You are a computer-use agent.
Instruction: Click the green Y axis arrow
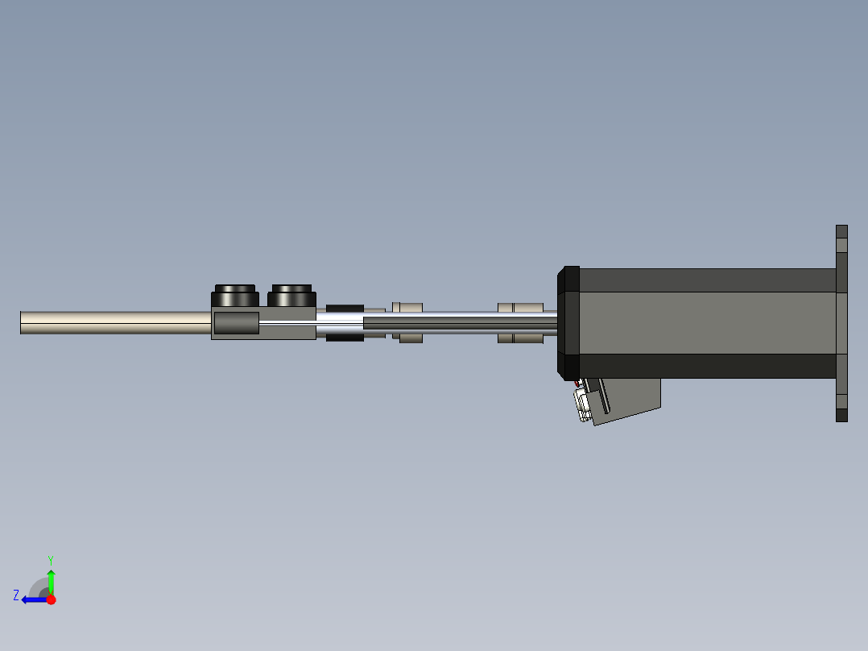coord(51,581)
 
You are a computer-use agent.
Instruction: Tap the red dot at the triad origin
coord(51,599)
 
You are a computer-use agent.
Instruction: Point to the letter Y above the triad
coord(50,559)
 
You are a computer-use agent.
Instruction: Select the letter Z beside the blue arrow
coord(16,595)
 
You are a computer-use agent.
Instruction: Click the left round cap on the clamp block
coord(234,296)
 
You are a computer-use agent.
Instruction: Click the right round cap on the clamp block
coord(291,296)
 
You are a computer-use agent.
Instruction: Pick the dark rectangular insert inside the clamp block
coord(236,324)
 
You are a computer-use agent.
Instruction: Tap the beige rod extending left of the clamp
coord(113,322)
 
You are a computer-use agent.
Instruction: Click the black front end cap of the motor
coord(569,322)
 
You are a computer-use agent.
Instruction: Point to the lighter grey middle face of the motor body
coord(709,322)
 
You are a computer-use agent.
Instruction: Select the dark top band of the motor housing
coord(709,280)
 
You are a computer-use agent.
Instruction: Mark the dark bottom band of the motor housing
coord(709,366)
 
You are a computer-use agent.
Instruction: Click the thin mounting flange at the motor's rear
coord(841,322)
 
